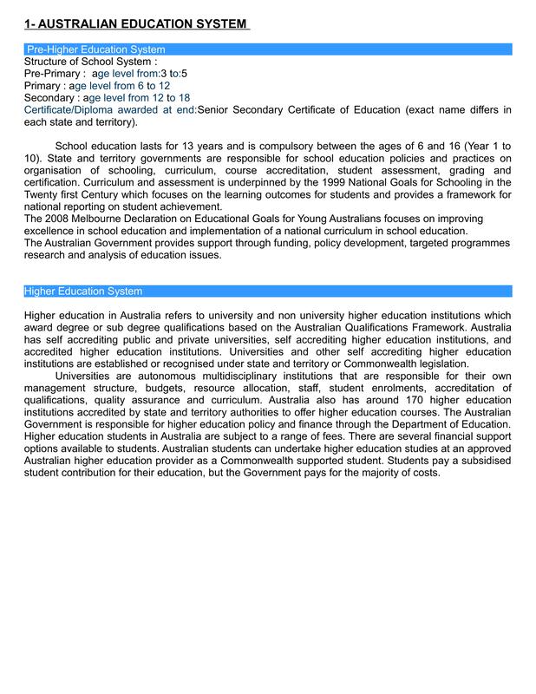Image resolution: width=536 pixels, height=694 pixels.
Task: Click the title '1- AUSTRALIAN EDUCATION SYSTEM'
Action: point(135,23)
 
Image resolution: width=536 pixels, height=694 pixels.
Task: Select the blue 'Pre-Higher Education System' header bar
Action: point(95,49)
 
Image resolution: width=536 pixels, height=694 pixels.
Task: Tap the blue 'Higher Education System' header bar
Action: point(83,291)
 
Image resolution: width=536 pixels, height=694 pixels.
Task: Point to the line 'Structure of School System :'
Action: point(90,62)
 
